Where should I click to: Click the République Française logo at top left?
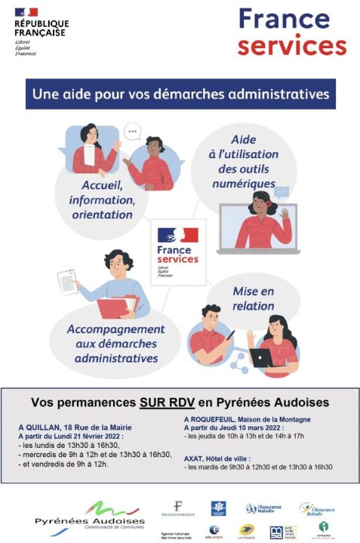coord(40,32)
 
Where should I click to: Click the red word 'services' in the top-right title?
coord(291,44)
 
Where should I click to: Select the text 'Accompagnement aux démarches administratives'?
coord(115,343)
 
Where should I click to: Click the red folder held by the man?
coord(118,307)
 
